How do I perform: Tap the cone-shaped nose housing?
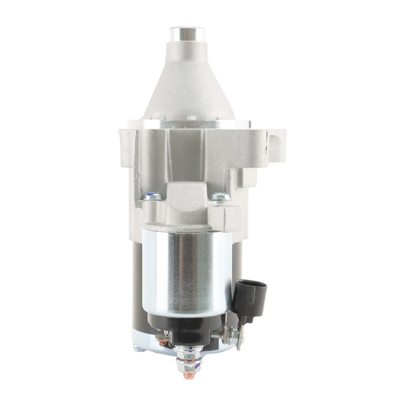186,84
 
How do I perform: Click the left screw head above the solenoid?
153,197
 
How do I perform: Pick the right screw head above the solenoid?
221,197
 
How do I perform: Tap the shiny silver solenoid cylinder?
186,270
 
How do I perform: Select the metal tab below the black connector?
240,337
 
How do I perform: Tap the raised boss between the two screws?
186,198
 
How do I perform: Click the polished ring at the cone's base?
186,123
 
